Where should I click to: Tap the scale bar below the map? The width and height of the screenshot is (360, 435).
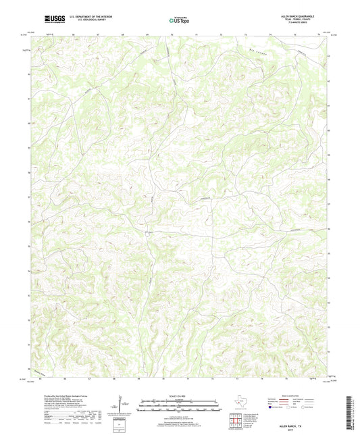[179, 405]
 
